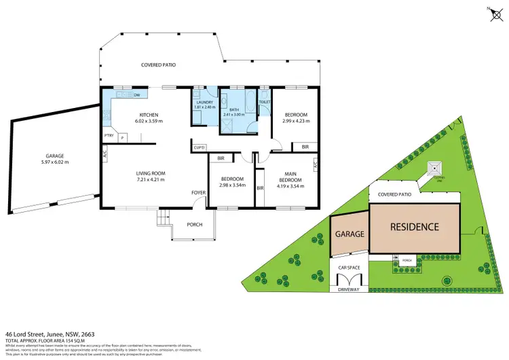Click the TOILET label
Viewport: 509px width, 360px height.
coord(265,102)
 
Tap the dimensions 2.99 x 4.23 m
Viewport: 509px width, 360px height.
coord(296,122)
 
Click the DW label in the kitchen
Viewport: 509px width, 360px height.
coord(136,95)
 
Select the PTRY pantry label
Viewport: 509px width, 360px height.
coord(108,136)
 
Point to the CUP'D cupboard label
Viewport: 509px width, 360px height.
coord(200,147)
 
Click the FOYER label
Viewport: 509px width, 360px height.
coord(198,193)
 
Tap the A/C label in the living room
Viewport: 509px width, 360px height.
coord(105,155)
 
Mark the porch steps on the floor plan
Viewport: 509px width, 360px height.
coord(163,219)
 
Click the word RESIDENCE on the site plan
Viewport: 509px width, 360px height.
coord(413,227)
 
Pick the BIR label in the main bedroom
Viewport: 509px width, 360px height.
coord(260,189)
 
